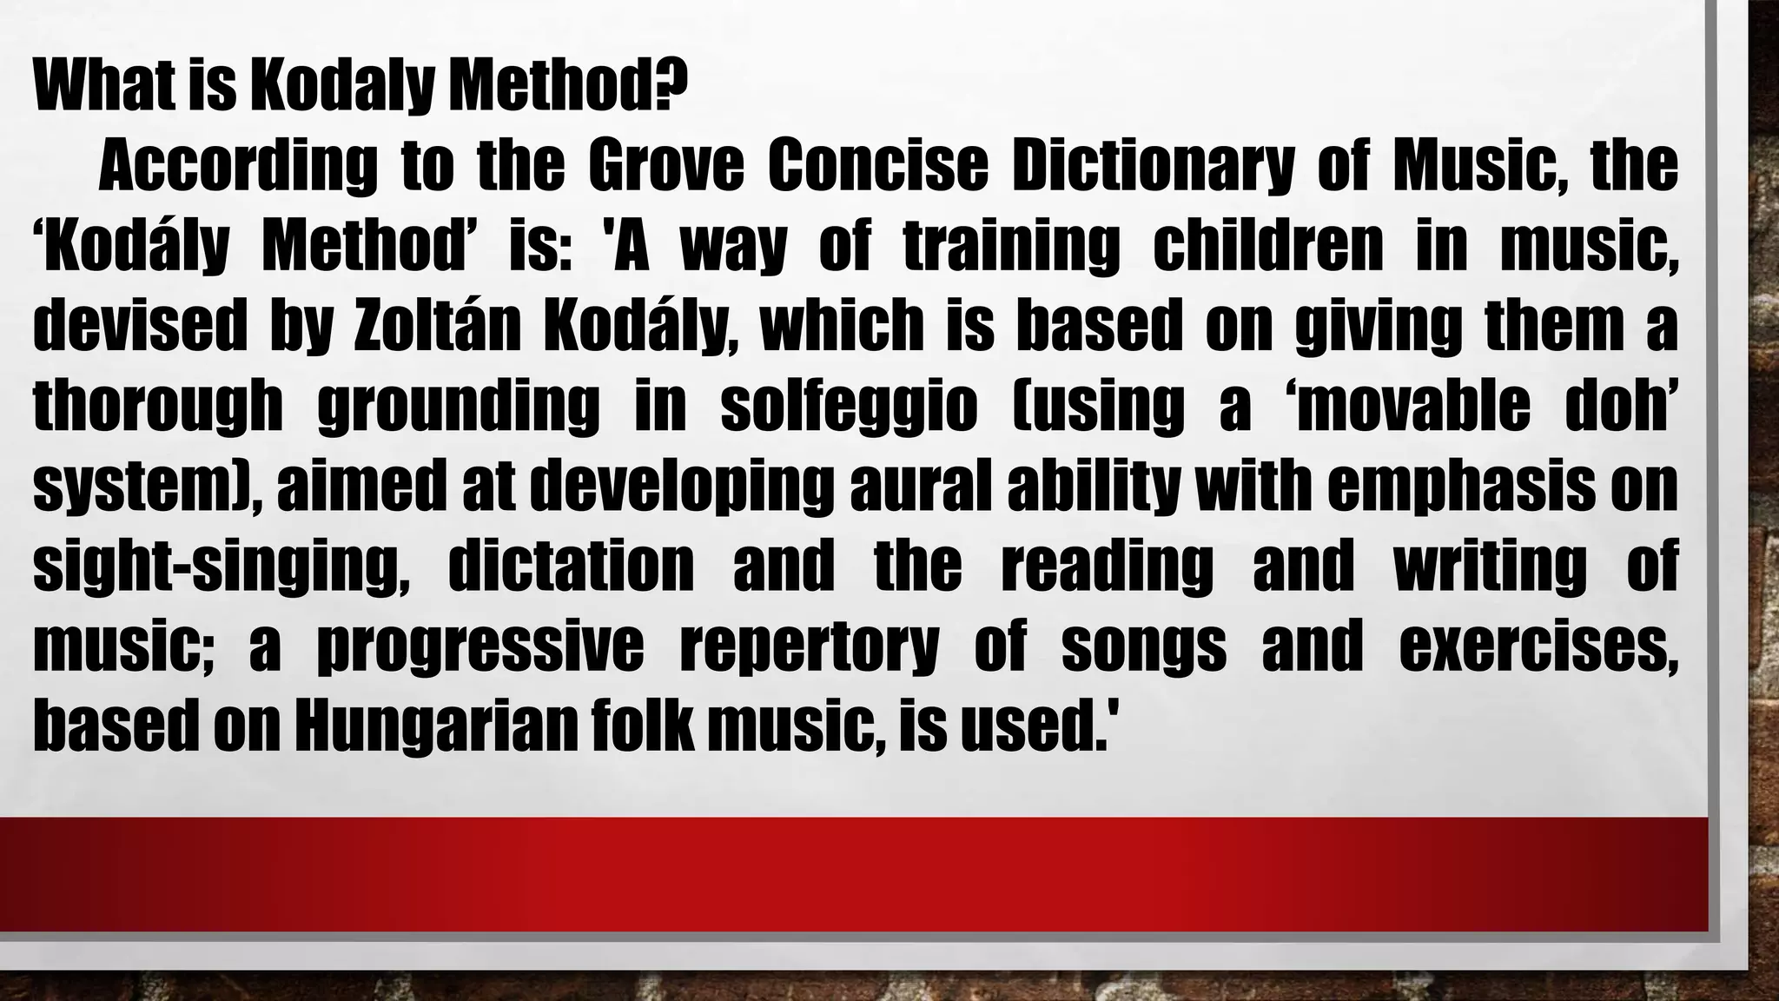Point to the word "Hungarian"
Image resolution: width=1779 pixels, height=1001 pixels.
pos(435,726)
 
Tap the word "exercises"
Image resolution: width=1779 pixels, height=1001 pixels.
pos(1538,646)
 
